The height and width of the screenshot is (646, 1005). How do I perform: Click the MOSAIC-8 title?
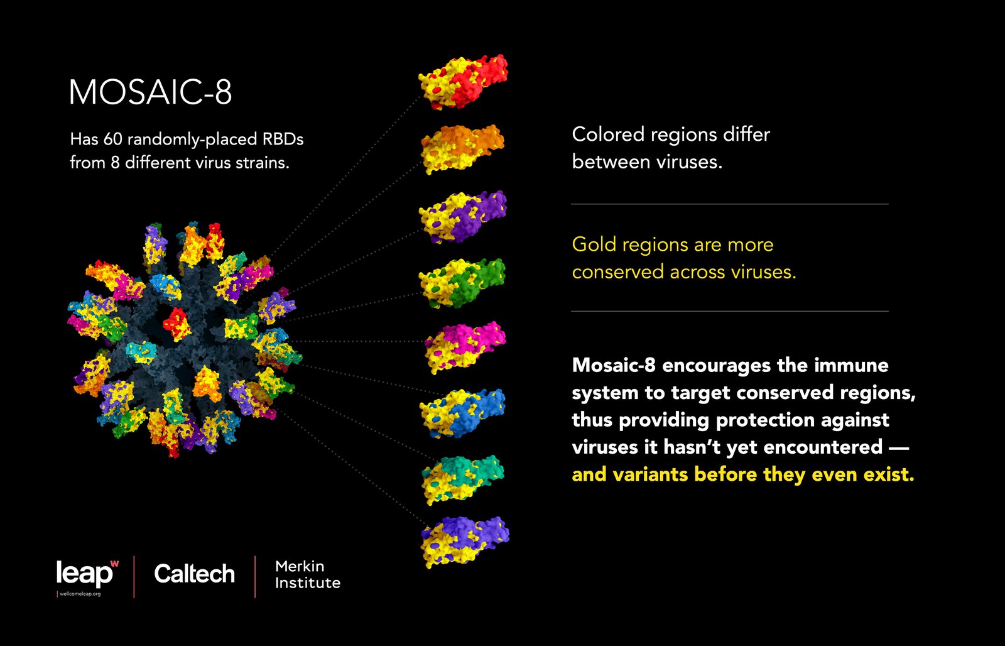(150, 92)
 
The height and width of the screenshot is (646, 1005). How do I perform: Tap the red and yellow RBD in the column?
(463, 82)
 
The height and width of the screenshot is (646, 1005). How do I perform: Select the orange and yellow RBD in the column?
(462, 149)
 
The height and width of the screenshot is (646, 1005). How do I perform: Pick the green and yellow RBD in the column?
(462, 283)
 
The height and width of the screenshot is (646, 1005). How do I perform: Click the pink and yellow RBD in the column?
(465, 348)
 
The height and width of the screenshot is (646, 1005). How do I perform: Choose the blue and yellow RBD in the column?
(462, 413)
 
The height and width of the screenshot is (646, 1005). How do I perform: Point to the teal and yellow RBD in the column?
(463, 480)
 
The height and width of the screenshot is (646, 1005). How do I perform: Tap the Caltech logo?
(194, 574)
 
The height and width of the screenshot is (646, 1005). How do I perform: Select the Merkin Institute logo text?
(308, 574)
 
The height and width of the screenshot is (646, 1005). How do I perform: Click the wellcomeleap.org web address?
(80, 594)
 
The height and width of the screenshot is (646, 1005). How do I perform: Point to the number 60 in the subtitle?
(112, 139)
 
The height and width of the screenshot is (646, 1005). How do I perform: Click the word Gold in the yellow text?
(594, 244)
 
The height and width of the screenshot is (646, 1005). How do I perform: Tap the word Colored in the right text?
(609, 134)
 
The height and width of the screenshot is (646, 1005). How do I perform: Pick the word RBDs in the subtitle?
(283, 139)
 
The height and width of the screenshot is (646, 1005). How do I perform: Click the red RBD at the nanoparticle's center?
(177, 324)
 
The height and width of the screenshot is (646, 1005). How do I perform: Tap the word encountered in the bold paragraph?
(823, 447)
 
